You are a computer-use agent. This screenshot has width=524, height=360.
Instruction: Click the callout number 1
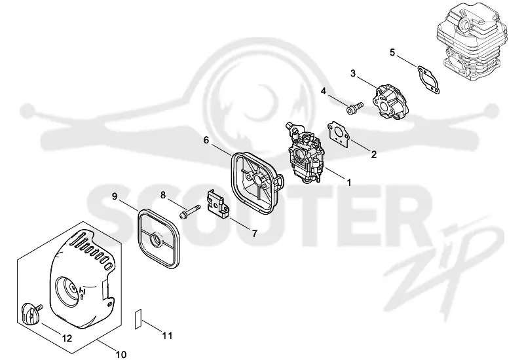(x=349, y=183)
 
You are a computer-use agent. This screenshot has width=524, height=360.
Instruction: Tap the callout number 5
(x=392, y=52)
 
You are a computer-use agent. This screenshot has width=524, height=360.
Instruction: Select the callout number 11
(x=167, y=335)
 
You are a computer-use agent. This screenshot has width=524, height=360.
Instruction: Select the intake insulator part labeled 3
(x=389, y=103)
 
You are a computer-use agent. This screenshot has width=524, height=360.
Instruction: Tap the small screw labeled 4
(x=354, y=109)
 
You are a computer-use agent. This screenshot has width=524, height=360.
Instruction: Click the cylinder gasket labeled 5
(x=428, y=79)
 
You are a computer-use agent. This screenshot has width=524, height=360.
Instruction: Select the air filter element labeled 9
(x=159, y=234)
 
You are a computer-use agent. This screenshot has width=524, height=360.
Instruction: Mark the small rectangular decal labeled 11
(x=138, y=319)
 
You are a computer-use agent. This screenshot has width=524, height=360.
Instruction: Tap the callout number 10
(x=121, y=354)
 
